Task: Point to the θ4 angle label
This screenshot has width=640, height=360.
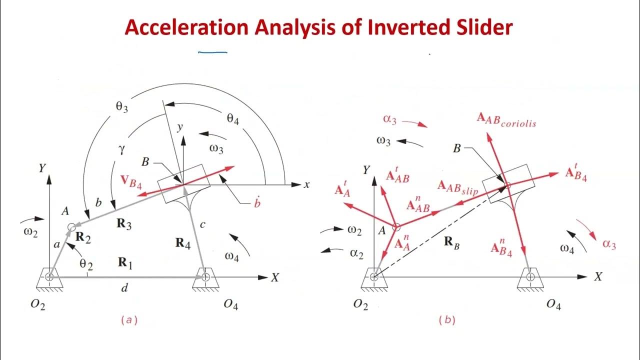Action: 233,118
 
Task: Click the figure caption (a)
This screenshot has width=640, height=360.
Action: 128,320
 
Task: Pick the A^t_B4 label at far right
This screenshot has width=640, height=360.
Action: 575,173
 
